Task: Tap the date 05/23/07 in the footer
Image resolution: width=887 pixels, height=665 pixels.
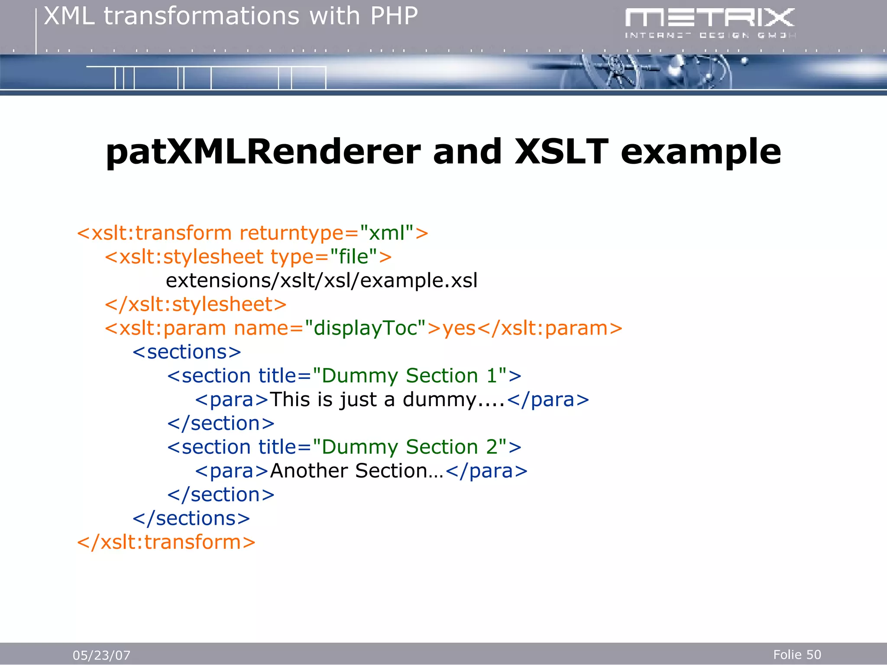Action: tap(101, 655)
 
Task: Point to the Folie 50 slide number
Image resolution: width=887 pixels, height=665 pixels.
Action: tap(797, 655)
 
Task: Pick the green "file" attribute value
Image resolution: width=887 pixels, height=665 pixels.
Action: tap(353, 257)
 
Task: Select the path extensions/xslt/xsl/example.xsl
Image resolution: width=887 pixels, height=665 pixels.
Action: tap(321, 281)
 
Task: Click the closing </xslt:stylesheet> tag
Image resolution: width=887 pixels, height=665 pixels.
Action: tap(195, 305)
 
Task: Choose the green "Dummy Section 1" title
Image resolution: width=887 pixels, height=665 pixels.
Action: tap(410, 376)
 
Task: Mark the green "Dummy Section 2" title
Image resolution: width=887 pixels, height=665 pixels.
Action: tap(410, 447)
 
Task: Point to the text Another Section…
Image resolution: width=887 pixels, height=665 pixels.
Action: tap(357, 471)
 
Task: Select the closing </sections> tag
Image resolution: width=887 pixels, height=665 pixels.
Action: tap(191, 519)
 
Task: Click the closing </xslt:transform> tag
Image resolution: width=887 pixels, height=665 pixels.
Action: tap(166, 542)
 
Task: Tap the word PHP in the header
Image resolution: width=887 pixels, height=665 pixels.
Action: tap(394, 16)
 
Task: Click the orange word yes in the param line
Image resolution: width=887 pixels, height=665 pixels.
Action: tap(459, 329)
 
